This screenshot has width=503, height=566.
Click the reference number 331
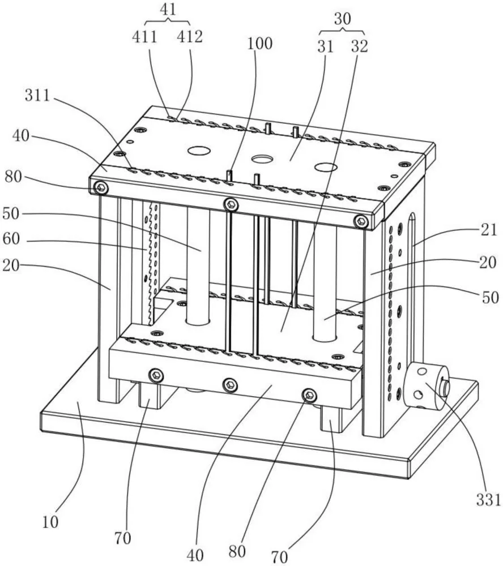pos(488,500)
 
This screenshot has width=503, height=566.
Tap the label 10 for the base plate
pos(50,522)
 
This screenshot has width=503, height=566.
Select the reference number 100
pos(259,44)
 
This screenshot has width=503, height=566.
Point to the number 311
pos(37,96)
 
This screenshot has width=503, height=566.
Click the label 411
pos(144,37)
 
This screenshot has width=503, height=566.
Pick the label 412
pos(190,37)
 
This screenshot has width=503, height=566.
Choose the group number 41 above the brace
pos(168,10)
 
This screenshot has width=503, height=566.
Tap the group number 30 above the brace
pos(342,19)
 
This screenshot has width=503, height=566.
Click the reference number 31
pos(325,46)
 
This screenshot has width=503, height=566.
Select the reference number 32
pos(359,46)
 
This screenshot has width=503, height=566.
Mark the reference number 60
pos(11,239)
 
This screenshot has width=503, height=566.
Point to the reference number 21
pos(489,230)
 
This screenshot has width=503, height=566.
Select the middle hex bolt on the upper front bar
pos(231,205)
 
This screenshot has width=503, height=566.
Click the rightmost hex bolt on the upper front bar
pos(361,221)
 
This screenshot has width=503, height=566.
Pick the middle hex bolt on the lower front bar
pos(230,385)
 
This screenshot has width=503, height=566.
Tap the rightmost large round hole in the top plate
pos(326,167)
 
